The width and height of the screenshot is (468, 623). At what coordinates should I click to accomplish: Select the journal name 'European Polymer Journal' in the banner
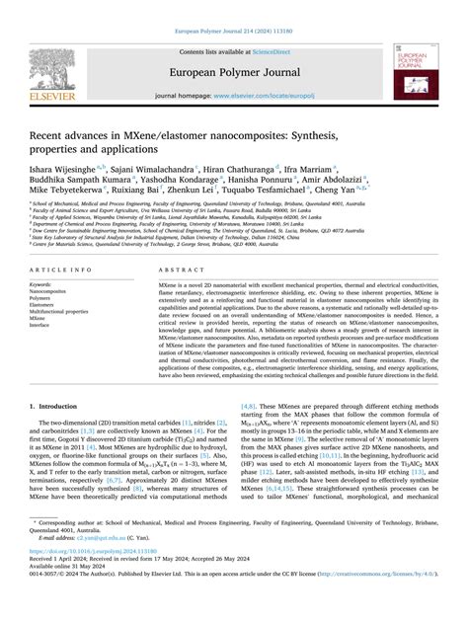pos(233,71)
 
